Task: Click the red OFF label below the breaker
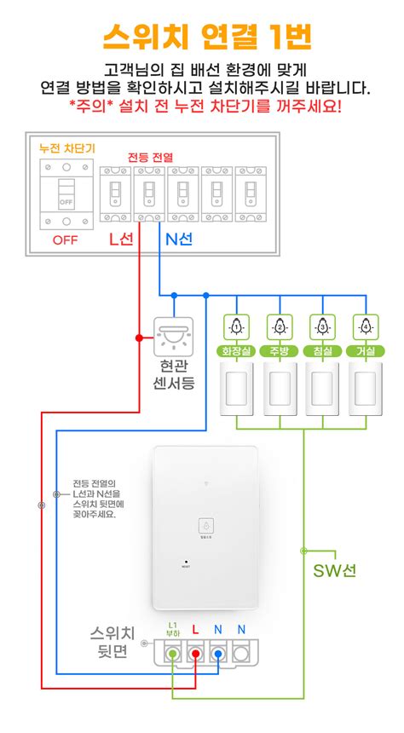tap(65, 240)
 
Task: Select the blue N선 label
tap(176, 240)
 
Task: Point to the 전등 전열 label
tap(150, 157)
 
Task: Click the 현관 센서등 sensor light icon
tap(174, 337)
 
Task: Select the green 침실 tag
tap(323, 351)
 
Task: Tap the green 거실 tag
tap(366, 351)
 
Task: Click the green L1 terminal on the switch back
tap(173, 655)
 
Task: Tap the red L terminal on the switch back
tap(196, 655)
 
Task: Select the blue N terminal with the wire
tap(219, 655)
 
